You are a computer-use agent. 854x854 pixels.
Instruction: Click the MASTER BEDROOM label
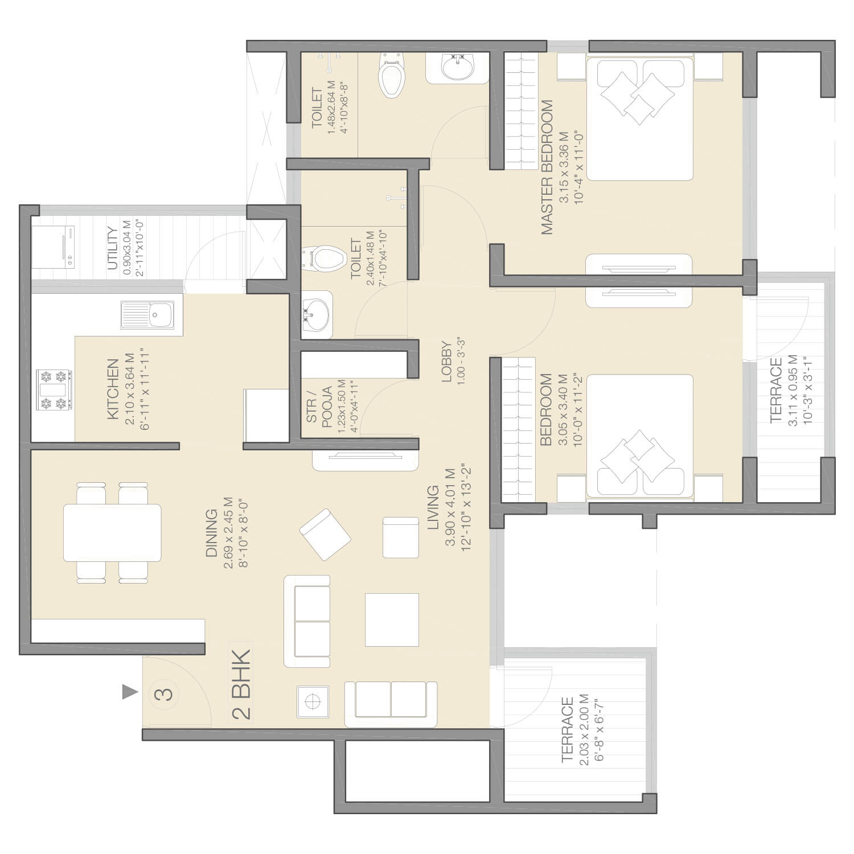pyautogui.click(x=547, y=167)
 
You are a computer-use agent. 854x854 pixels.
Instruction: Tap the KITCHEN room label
pyautogui.click(x=113, y=389)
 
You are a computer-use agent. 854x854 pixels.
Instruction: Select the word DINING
pyautogui.click(x=212, y=533)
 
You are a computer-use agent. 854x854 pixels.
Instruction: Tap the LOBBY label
pyautogui.click(x=446, y=362)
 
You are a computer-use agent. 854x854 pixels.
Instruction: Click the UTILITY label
pyautogui.click(x=113, y=249)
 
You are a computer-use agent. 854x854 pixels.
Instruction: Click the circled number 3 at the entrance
pyautogui.click(x=163, y=694)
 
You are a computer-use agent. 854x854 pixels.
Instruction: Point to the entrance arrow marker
pyautogui.click(x=130, y=692)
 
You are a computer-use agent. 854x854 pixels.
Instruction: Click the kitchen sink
pyautogui.click(x=147, y=315)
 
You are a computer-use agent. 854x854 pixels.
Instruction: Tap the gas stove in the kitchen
pyautogui.click(x=54, y=390)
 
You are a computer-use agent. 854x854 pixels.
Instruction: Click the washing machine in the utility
pyautogui.click(x=54, y=247)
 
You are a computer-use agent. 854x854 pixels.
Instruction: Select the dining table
pyautogui.click(x=112, y=533)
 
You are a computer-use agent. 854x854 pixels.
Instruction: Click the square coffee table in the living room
pyautogui.click(x=392, y=620)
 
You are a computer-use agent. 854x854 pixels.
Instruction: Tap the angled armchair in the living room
pyautogui.click(x=325, y=535)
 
